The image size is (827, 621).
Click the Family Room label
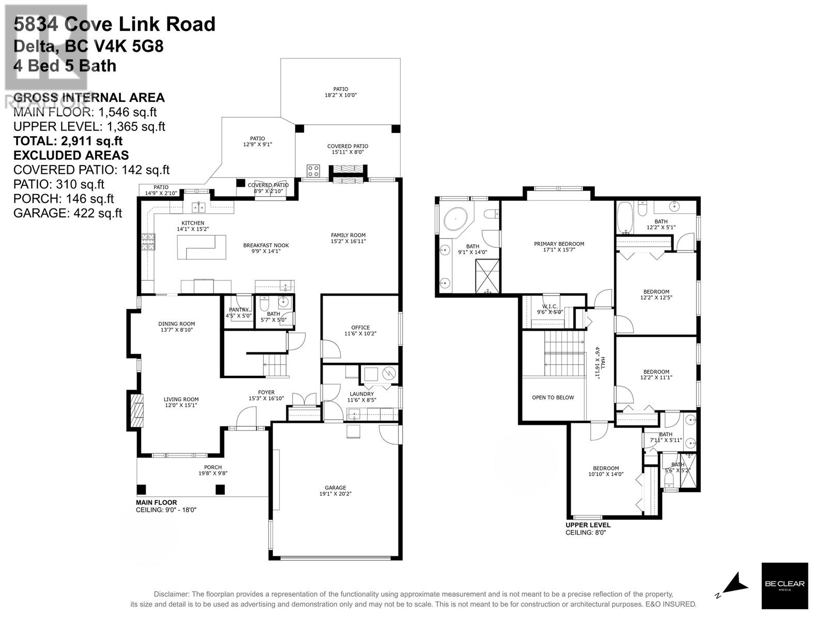point(348,235)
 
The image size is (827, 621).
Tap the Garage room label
point(335,487)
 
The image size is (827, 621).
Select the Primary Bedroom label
point(559,244)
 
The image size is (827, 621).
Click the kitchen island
point(202,247)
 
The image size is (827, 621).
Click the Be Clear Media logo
point(785,585)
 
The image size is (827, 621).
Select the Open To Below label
point(553,397)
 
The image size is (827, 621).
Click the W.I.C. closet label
point(549,306)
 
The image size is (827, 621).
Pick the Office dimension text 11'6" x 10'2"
point(360,334)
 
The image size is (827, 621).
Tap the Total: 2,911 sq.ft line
point(68,141)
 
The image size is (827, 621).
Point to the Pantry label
point(238,309)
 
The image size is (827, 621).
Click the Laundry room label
point(361,394)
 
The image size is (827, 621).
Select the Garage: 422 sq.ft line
point(68,213)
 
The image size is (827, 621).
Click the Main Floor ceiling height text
point(166,510)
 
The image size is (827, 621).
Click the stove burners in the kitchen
point(148,242)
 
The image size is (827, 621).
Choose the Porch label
point(213,467)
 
